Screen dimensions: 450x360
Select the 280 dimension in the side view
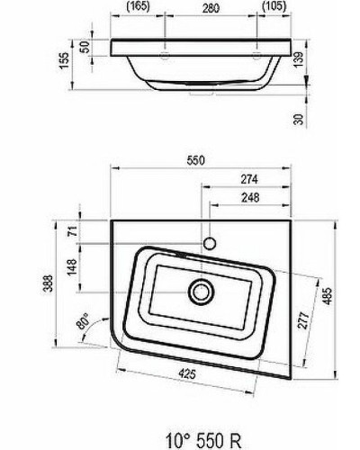[x=211, y=7]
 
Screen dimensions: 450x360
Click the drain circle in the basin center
[x=200, y=292]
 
